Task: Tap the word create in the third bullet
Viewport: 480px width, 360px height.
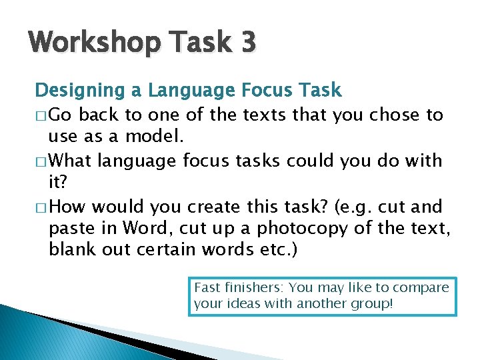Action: tap(209, 207)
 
